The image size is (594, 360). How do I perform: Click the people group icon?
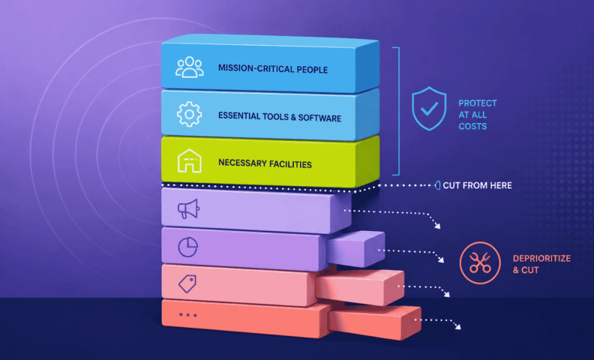190,67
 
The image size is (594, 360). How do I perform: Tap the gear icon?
189,114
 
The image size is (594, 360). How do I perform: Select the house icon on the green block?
190,160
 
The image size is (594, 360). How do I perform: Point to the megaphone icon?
189,208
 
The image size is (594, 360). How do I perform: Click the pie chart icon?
188,247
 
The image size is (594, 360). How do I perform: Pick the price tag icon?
187,283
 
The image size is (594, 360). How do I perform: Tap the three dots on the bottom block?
188,315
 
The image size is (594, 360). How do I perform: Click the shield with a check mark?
429,109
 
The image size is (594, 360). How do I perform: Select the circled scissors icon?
480,262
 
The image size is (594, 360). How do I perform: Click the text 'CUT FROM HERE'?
477,185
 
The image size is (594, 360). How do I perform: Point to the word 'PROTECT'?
477,103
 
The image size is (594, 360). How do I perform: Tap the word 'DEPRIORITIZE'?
541,259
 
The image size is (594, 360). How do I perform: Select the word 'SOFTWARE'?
319,118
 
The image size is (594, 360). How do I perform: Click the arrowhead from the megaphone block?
437,226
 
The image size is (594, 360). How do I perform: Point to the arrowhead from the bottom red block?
458,326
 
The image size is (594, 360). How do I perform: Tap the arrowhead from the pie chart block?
441,259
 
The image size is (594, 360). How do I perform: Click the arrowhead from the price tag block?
447,294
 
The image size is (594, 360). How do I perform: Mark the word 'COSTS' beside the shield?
472,126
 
